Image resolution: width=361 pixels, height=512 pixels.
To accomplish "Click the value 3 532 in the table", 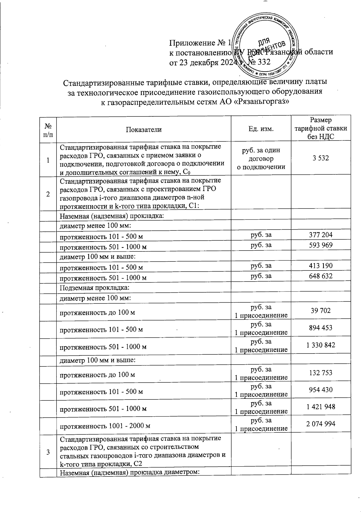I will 321,158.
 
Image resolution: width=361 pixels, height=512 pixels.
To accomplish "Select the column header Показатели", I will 143,129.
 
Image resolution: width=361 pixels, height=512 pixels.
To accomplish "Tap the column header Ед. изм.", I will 261,129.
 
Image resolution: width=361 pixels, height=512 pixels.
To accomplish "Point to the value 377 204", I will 321,235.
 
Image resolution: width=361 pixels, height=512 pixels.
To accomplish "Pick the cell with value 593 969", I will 321,245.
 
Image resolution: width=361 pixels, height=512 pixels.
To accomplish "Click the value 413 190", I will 321,266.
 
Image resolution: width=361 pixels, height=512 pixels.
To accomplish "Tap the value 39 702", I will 321,310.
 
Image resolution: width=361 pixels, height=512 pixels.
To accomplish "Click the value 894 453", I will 321,328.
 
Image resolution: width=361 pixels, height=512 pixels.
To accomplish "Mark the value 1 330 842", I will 321,345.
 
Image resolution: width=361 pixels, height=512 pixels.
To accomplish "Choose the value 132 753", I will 321,373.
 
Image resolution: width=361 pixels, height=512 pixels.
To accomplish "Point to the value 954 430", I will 321,390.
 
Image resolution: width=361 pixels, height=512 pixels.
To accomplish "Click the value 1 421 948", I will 321,407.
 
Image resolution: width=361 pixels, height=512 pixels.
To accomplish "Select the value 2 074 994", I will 321,424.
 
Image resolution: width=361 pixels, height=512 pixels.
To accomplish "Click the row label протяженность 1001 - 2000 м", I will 105,426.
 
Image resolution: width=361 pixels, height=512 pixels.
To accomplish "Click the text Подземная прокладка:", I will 94,287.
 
